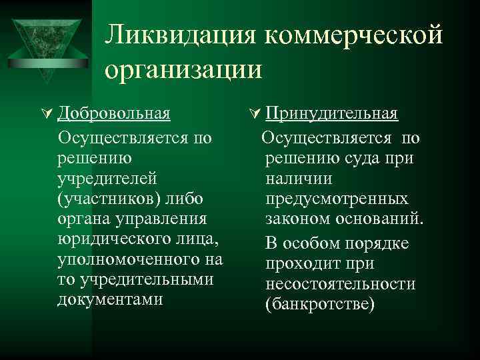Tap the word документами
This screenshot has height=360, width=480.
tap(110, 299)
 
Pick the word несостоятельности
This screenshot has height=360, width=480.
tap(340, 284)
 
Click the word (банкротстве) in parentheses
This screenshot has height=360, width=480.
tap(320, 304)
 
